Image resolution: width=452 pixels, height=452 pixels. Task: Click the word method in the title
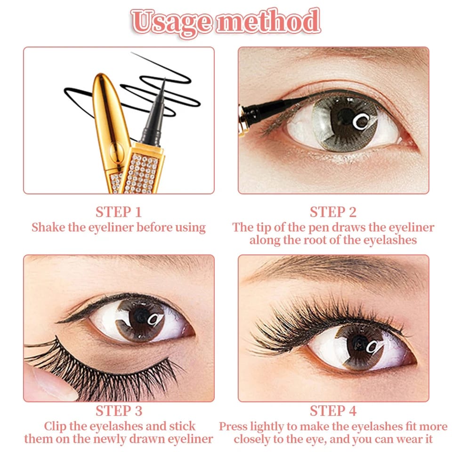(267, 21)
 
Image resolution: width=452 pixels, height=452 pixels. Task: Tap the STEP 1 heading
(119, 211)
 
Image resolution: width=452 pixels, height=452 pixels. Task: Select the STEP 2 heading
(333, 211)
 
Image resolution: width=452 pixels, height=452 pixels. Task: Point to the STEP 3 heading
(119, 411)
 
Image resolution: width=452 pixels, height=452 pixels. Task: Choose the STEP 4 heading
(333, 411)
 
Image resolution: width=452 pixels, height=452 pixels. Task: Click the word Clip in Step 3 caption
(55, 427)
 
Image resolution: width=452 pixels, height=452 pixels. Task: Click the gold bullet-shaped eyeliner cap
(105, 118)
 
